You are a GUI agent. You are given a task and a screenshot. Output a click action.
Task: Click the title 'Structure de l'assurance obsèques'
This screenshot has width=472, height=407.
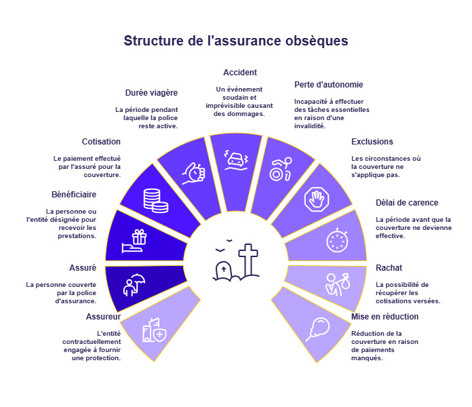[236, 41]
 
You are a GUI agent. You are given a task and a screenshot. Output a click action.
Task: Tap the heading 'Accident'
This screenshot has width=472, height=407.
[240, 73]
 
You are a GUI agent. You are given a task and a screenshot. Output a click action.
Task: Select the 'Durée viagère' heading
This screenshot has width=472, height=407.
[151, 93]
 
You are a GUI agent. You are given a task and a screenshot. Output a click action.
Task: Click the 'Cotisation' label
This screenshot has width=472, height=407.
[101, 142]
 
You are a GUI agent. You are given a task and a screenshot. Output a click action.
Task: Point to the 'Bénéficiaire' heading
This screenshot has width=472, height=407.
[74, 195]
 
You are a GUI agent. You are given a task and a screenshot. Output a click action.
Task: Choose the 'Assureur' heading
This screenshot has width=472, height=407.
[104, 317]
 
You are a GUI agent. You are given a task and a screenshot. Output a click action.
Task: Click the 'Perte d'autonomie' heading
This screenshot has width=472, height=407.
[329, 85]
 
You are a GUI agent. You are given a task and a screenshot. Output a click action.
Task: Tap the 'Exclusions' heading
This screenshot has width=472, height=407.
[372, 142]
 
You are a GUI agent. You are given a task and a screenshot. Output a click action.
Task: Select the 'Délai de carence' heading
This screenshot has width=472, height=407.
[407, 203]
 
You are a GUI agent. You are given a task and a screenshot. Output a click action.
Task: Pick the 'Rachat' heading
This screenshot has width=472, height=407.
[389, 268]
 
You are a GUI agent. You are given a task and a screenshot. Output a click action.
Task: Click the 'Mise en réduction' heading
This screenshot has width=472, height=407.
[385, 317]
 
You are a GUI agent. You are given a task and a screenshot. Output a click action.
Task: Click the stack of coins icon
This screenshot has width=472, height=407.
[155, 199]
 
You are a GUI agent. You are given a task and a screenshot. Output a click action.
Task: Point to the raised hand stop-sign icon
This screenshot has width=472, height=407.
[317, 199]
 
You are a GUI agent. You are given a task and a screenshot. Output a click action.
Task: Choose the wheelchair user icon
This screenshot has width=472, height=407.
[280, 169]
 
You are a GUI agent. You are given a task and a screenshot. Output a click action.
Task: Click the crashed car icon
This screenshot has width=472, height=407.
[236, 161]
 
